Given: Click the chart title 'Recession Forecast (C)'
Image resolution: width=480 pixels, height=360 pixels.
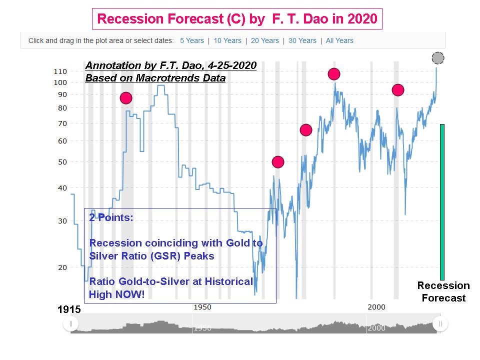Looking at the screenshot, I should pyautogui.click(x=237, y=18).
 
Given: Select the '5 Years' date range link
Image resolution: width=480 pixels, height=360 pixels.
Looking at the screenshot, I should pyautogui.click(x=192, y=40).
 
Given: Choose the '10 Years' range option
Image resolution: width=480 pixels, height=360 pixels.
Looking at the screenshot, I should pyautogui.click(x=227, y=40).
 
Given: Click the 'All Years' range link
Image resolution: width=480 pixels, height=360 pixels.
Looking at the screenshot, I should pyautogui.click(x=339, y=40).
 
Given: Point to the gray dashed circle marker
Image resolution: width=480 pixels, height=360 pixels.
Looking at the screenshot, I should pyautogui.click(x=438, y=58).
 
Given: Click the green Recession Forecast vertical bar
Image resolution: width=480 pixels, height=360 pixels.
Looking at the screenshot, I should pyautogui.click(x=442, y=202).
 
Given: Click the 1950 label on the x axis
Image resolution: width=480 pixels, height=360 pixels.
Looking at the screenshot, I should pyautogui.click(x=202, y=307).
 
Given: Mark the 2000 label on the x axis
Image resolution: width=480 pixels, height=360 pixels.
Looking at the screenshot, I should pyautogui.click(x=376, y=307).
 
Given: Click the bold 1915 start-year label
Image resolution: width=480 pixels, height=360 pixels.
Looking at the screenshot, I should pyautogui.click(x=69, y=310).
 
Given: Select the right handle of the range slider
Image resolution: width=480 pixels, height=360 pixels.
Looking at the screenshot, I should pyautogui.click(x=440, y=324).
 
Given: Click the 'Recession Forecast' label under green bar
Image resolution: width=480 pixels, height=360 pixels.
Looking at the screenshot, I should pyautogui.click(x=443, y=292).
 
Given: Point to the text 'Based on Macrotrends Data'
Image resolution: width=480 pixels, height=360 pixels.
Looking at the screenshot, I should pyautogui.click(x=155, y=78).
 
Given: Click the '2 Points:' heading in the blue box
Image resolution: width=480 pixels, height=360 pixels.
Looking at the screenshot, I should pyautogui.click(x=111, y=217).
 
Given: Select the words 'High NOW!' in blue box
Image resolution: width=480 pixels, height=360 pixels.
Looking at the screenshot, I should pyautogui.click(x=116, y=294).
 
